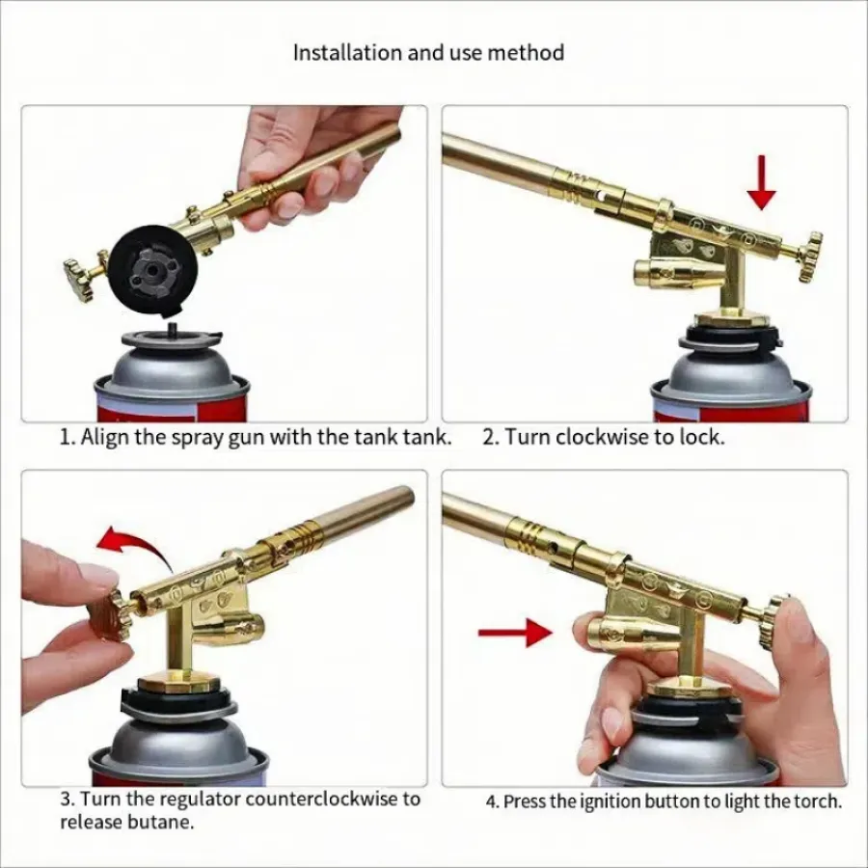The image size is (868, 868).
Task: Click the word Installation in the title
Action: tap(347, 53)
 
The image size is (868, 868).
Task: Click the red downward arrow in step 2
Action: tap(762, 182)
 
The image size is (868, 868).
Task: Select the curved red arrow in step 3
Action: tap(136, 548)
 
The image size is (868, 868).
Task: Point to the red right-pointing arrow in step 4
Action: tap(515, 632)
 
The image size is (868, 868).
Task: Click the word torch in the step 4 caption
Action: tap(817, 801)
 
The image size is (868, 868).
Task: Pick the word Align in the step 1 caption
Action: tap(105, 437)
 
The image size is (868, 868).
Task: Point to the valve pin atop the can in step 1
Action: tap(173, 328)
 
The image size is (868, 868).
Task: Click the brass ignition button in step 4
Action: tap(612, 636)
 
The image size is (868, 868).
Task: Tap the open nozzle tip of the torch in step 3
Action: tap(406, 496)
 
